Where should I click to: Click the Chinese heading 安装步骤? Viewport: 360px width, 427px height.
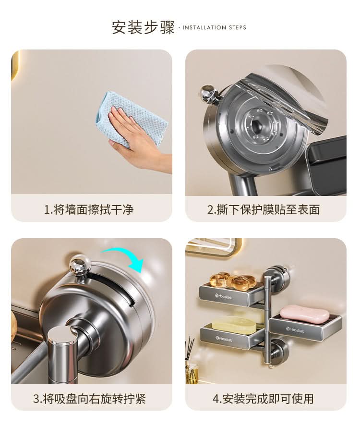coord(143,27)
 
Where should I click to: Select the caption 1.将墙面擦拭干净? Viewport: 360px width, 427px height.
coord(89,210)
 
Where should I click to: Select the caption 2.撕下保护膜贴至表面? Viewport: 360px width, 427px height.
coord(264,210)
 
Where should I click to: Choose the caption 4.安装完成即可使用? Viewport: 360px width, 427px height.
coord(263,399)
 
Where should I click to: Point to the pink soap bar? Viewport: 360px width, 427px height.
coord(304,314)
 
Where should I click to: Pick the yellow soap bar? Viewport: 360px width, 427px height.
coord(234,324)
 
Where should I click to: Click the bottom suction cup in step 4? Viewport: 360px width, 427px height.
coord(277,349)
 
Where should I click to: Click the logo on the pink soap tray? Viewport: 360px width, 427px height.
coord(295,330)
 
